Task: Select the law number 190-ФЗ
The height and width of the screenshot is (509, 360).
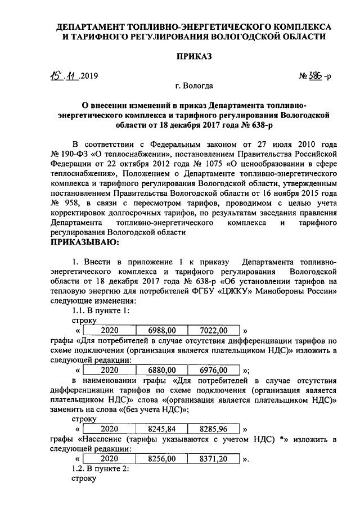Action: click(x=75, y=153)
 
